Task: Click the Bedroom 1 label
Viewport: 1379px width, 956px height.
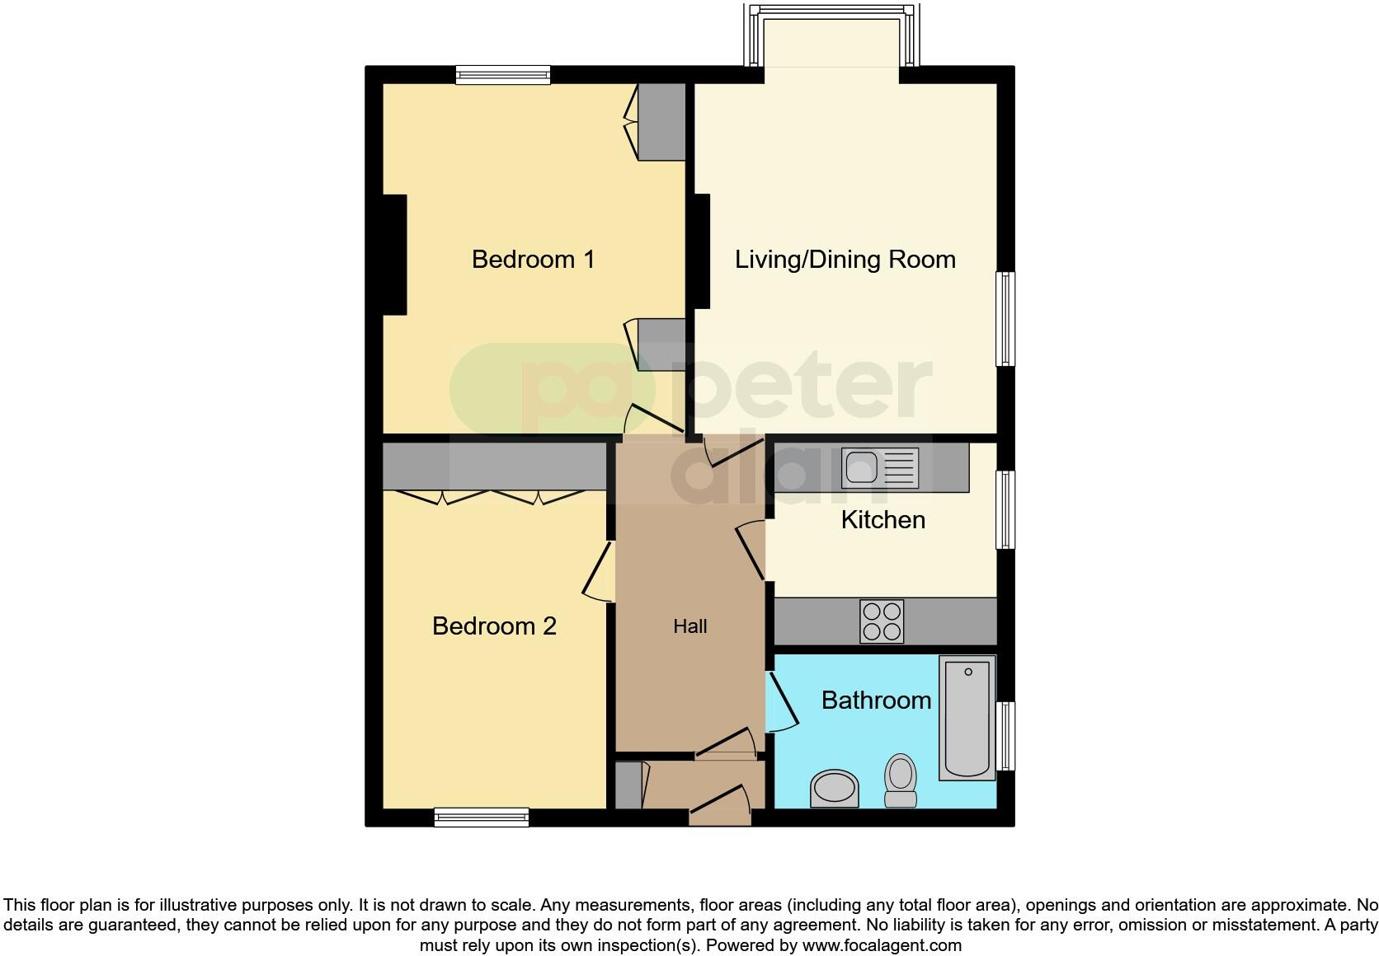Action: [533, 260]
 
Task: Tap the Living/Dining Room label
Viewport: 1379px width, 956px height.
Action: [845, 260]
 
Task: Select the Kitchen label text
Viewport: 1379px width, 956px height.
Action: [882, 520]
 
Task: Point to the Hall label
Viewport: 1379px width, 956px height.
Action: [689, 627]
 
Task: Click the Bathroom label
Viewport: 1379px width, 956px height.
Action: [876, 701]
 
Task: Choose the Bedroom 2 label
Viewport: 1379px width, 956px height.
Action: [494, 626]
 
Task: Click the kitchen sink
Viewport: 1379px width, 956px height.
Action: [879, 468]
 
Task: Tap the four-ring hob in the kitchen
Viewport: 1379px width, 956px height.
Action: [882, 621]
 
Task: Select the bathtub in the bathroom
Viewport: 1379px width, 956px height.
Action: [967, 717]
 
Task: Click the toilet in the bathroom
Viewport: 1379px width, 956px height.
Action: [900, 781]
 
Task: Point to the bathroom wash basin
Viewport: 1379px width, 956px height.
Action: [835, 788]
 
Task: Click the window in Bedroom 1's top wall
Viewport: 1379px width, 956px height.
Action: [503, 75]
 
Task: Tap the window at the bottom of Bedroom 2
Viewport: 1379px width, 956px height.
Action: [482, 817]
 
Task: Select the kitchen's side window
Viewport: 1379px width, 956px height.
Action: [1005, 509]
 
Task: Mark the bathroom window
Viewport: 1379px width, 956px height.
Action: [1005, 736]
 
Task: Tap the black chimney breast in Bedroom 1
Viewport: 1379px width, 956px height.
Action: [395, 255]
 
